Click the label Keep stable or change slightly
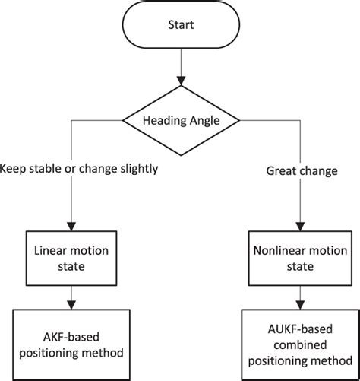click(x=79, y=169)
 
